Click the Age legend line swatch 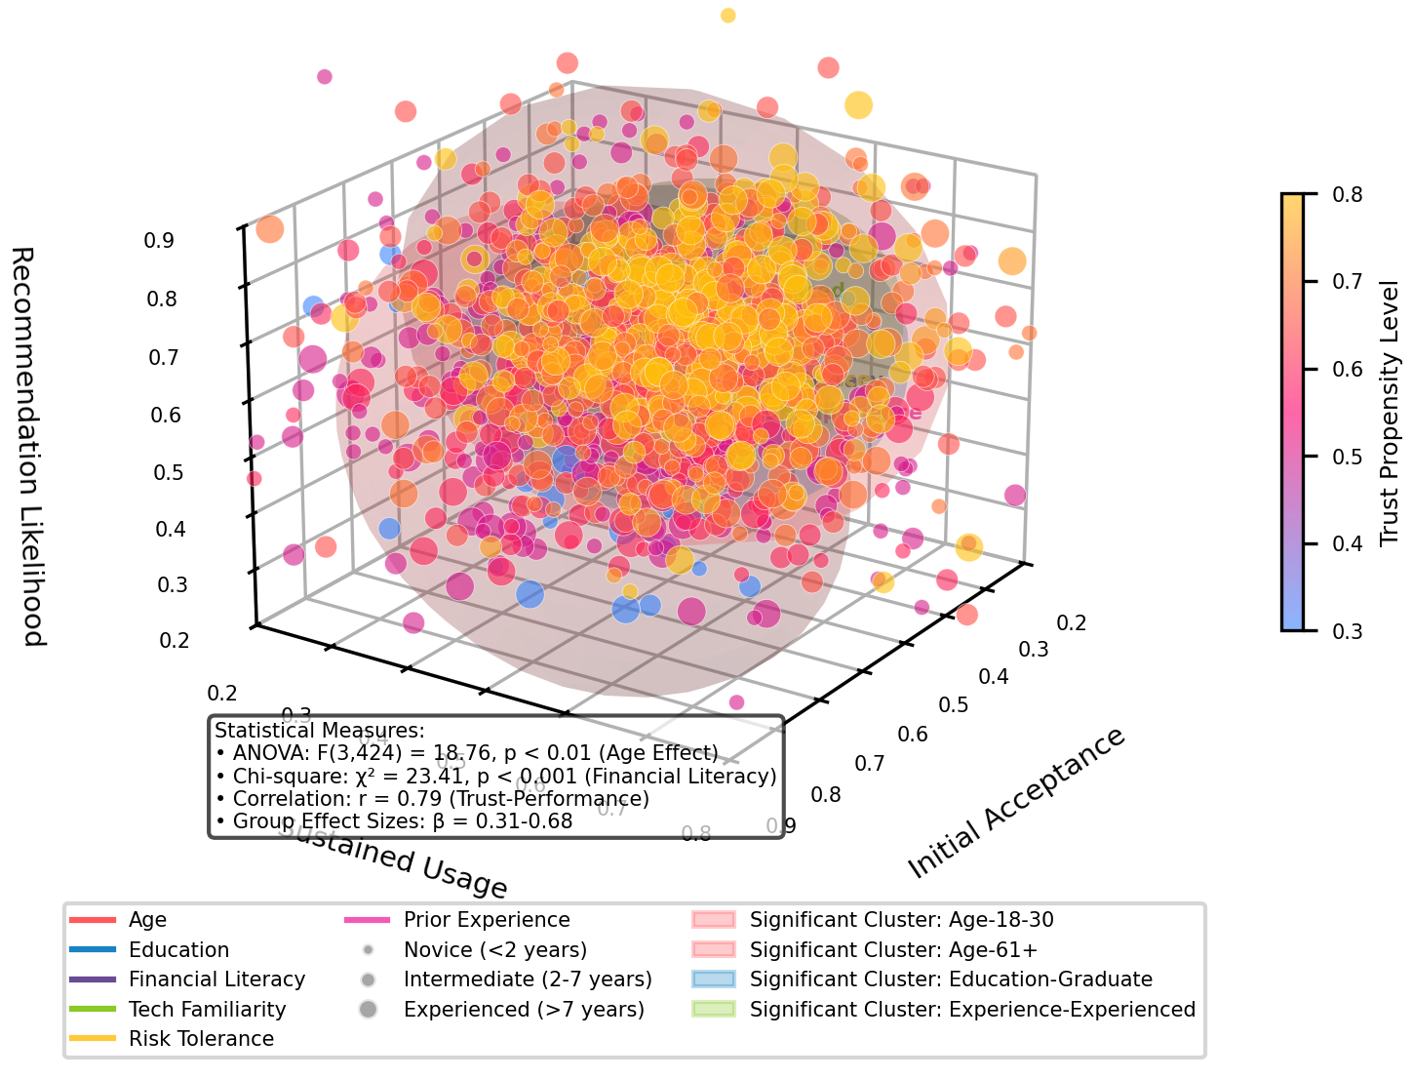(x=93, y=920)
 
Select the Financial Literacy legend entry (x=216, y=979)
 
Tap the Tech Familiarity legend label (x=207, y=1010)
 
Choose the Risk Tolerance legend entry (x=201, y=1039)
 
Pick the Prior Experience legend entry (x=487, y=920)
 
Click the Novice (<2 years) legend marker (x=368, y=950)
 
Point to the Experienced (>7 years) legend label (x=524, y=1010)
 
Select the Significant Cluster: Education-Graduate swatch (x=713, y=979)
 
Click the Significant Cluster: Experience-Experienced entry (x=971, y=1010)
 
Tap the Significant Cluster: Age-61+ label (x=893, y=950)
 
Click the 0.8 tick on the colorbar (x=1347, y=194)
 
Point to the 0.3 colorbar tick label (x=1347, y=631)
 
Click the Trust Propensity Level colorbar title (x=1390, y=414)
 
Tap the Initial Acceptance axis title (x=1016, y=804)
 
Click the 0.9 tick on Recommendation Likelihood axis (x=161, y=240)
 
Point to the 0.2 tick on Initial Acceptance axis (x=1071, y=623)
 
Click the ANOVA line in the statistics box (x=466, y=753)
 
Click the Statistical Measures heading (x=320, y=731)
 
